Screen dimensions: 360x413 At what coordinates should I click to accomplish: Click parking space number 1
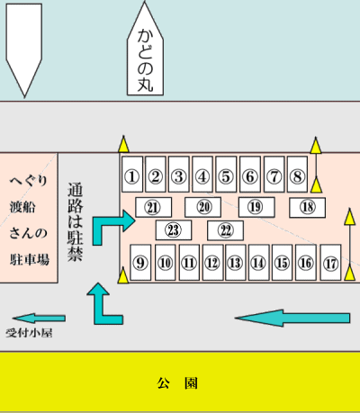point(132,174)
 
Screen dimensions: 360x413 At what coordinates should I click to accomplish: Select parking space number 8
point(297,174)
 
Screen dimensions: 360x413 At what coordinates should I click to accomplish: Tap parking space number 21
point(153,207)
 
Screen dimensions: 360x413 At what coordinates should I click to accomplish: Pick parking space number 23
point(174,230)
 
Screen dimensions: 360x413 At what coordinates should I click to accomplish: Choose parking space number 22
point(225,230)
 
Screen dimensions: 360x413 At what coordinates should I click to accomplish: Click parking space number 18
point(307,207)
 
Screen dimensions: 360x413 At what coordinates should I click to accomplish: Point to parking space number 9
point(140,263)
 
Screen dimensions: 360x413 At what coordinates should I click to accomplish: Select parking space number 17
point(330,263)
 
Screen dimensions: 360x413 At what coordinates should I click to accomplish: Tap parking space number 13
point(236,263)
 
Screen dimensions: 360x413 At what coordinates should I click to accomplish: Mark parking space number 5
point(226,174)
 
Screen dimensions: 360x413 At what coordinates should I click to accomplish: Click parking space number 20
point(202,207)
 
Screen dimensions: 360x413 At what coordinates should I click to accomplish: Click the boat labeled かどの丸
point(145,49)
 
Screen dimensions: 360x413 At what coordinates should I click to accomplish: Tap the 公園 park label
point(177,383)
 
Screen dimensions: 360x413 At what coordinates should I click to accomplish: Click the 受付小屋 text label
point(29,333)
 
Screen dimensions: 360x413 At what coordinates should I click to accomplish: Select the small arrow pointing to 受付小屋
point(39,318)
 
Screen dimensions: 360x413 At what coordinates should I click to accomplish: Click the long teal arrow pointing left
point(292,318)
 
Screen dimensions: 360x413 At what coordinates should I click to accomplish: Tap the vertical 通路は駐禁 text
point(75,221)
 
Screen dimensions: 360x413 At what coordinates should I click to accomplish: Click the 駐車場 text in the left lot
point(30,260)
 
